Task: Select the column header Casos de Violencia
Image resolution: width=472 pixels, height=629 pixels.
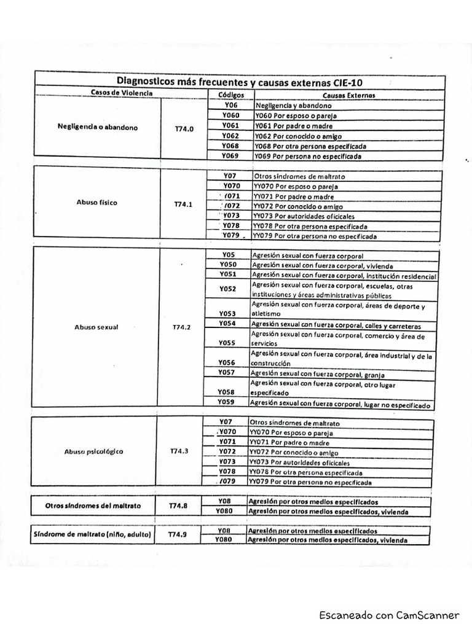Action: (113, 93)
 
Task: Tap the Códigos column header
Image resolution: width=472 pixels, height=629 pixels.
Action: (231, 95)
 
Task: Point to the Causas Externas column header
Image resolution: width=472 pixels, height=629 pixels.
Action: (348, 95)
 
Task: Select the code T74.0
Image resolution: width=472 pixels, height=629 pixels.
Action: (184, 130)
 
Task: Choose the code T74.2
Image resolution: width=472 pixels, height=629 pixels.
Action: (182, 327)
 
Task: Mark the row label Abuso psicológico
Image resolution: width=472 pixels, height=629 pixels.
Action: (93, 451)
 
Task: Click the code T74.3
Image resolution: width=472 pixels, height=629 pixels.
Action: (179, 451)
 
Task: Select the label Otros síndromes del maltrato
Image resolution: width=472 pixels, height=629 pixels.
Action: (93, 506)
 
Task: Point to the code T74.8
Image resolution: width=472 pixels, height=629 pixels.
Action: (178, 506)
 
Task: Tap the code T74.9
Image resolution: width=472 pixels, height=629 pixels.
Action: (178, 534)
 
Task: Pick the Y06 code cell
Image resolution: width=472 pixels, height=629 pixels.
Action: (230, 105)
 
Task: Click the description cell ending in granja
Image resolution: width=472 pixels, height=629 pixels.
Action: (343, 373)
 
